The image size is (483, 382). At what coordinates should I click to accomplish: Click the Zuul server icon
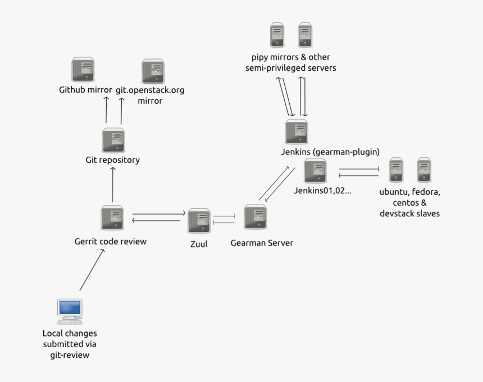[x=199, y=221]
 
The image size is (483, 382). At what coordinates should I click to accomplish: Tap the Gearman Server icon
[x=256, y=217]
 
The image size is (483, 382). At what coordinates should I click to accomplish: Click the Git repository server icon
[x=113, y=140]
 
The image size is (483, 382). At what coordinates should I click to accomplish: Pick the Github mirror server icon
[x=83, y=70]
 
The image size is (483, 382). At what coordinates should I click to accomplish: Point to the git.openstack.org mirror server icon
[x=153, y=71]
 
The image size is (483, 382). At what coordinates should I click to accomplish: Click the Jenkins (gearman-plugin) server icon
[x=296, y=132]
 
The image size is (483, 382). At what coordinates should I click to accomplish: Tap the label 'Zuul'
[x=199, y=244]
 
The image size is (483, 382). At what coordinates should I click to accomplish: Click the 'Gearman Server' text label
[x=262, y=243]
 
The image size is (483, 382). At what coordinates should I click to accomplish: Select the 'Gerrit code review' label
[x=111, y=242]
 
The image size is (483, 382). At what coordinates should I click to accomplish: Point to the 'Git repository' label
[x=112, y=160]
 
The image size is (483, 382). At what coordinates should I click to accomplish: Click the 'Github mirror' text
[x=85, y=90]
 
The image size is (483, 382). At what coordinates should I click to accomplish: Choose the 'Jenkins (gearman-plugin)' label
[x=330, y=152]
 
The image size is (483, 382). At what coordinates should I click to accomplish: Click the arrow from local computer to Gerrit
[x=92, y=270]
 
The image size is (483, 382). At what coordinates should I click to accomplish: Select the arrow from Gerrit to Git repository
[x=113, y=184]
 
